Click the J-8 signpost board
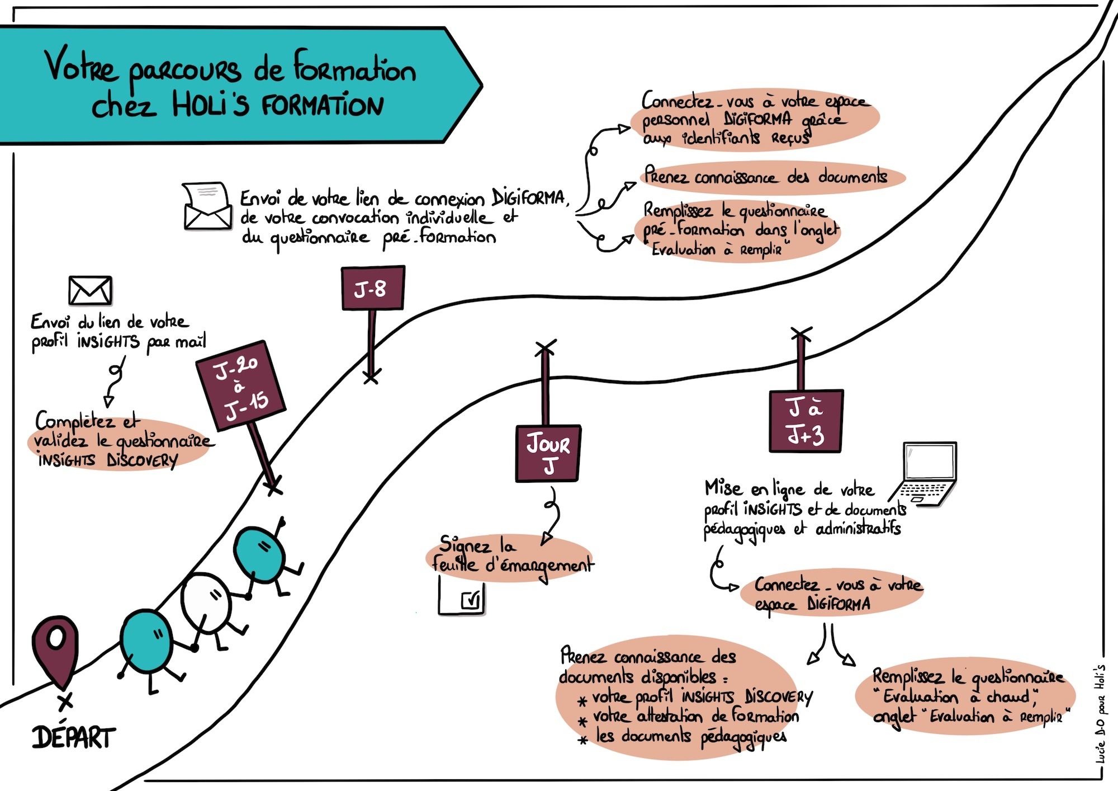[x=373, y=288]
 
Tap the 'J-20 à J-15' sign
[x=241, y=385]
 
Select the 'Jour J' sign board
[x=548, y=454]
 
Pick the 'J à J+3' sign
[x=806, y=421]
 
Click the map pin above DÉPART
[x=56, y=649]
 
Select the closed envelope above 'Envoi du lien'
[x=90, y=290]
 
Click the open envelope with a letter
[x=207, y=206]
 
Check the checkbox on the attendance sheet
[x=470, y=600]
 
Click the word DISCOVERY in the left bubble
[x=142, y=460]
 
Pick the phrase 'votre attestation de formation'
[x=695, y=716]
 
